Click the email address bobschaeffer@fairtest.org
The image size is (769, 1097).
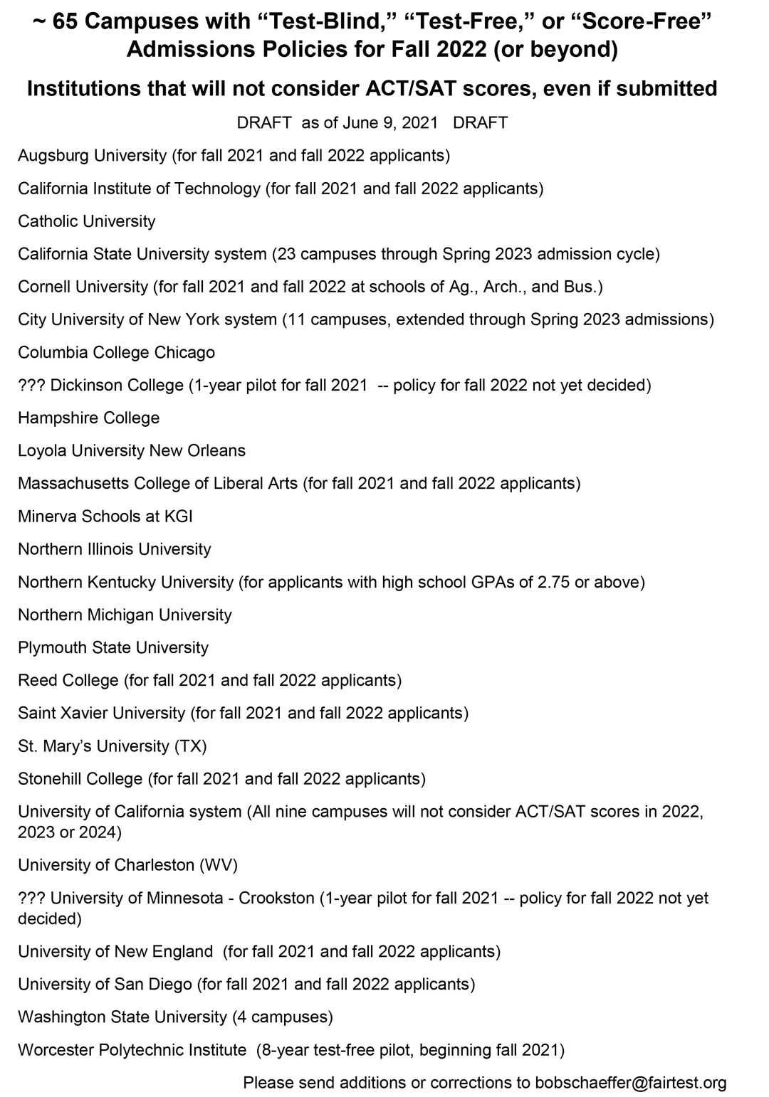coord(631,1083)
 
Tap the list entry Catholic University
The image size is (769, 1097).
coord(86,221)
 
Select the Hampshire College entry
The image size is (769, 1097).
coord(88,418)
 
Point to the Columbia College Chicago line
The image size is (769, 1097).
coord(116,352)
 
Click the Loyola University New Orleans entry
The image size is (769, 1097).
coord(132,450)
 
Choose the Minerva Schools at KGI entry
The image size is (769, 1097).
coord(105,516)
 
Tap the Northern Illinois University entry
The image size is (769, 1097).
coord(115,548)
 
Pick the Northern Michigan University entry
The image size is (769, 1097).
coord(125,615)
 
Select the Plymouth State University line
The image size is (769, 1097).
coord(113,647)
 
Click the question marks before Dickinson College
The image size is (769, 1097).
coord(31,385)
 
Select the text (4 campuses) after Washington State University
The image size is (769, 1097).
coord(283,1017)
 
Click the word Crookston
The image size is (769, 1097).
coord(276,898)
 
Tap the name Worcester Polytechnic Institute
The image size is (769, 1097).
coord(132,1049)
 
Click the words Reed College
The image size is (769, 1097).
coord(68,680)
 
